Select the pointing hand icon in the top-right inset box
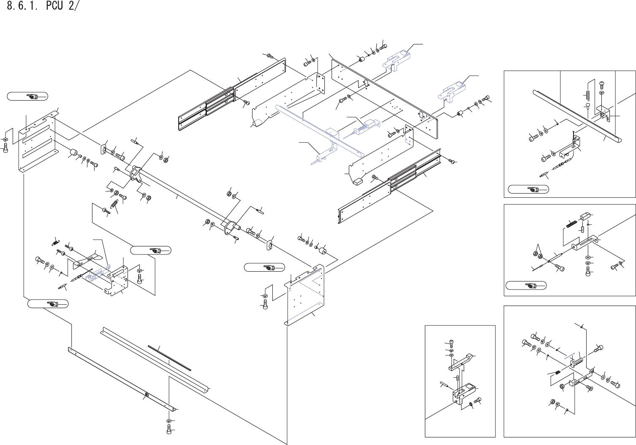(528, 189)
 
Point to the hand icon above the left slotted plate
(28, 97)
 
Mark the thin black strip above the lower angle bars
(169, 358)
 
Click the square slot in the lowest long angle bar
(147, 395)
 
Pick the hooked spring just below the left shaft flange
(114, 205)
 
